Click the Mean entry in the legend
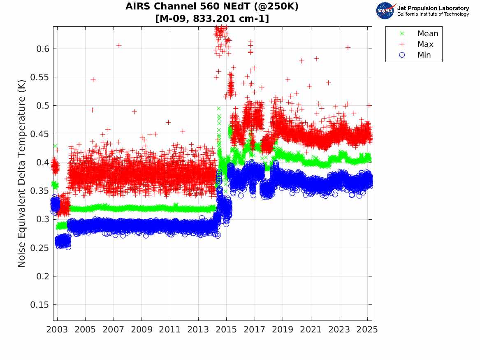point(427,34)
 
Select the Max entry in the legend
point(425,44)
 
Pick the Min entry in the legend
point(424,55)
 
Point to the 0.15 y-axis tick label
point(40,305)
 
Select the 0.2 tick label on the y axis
point(42,276)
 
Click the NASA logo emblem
point(385,11)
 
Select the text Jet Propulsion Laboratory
point(433,8)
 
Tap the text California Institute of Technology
point(433,14)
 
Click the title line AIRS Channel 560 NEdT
point(212,7)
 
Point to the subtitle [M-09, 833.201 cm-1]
point(212,19)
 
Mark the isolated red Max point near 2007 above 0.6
point(118,45)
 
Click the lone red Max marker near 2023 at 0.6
point(348,48)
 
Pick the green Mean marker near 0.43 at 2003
point(55,146)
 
